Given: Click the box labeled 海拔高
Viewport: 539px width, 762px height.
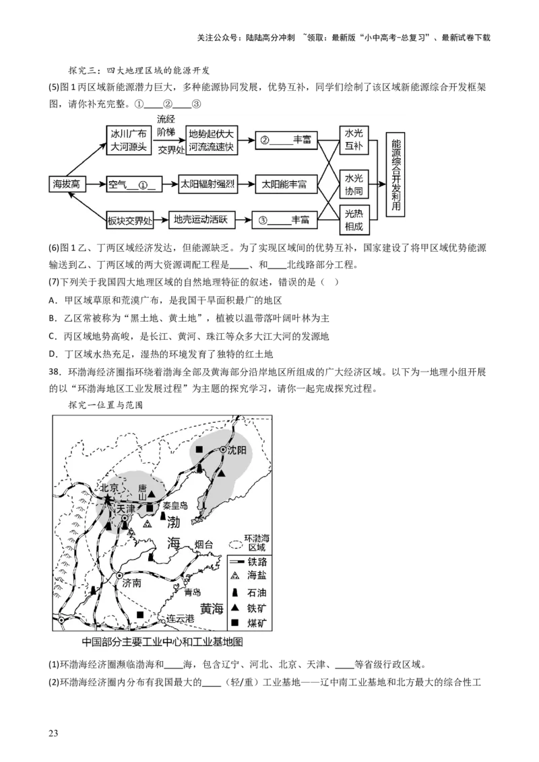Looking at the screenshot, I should click(66, 183).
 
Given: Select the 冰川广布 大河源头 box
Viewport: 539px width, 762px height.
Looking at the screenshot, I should click(129, 140).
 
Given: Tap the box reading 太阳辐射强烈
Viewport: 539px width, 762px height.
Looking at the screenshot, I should click(205, 183).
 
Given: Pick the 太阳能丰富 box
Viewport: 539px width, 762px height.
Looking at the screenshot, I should click(284, 183).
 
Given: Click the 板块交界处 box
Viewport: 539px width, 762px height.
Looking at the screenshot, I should click(130, 219).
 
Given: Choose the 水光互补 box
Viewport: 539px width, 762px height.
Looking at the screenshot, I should click(354, 140).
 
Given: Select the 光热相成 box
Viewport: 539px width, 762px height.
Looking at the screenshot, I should click(354, 220).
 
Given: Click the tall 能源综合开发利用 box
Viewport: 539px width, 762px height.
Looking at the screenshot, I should click(395, 174).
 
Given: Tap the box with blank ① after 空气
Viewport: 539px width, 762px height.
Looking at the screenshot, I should click(133, 183).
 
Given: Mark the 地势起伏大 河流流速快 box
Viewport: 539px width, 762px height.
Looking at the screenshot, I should click(212, 140).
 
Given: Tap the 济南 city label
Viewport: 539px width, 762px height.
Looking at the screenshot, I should click(133, 584).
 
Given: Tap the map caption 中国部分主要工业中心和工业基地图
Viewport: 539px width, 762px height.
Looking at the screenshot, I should click(162, 642).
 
